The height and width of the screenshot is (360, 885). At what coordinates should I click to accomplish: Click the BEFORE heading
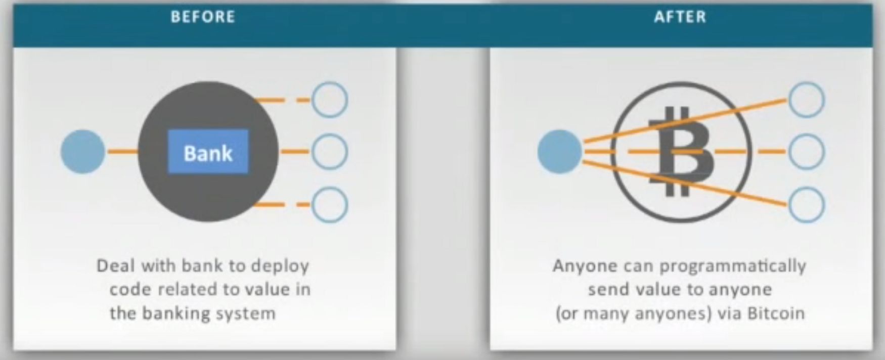pos(203,17)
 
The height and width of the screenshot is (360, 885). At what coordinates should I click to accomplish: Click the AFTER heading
pos(680,17)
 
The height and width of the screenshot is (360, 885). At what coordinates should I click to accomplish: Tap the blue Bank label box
pos(208,152)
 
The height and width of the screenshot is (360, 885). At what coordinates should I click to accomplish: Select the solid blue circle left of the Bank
pos(83,152)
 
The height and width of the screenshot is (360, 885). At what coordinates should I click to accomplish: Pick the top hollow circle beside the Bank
pos(329,100)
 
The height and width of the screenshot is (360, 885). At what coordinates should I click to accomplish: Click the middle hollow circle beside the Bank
pos(329,152)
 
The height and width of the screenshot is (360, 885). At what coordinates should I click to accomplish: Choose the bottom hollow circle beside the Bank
pos(329,205)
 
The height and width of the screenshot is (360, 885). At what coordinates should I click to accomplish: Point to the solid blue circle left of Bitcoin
pos(559,152)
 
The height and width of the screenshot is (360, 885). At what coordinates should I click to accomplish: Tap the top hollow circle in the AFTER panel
pos(807,100)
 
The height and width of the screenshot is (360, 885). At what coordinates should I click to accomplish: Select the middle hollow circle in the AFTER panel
pos(807,152)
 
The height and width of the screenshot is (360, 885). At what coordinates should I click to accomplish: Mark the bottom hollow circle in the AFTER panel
pos(807,205)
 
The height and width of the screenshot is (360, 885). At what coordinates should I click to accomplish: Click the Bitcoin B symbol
pos(681,152)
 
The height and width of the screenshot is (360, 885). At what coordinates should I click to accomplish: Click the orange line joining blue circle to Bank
pos(121,152)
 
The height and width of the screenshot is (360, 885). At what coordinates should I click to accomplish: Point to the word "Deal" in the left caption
pos(116,265)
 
